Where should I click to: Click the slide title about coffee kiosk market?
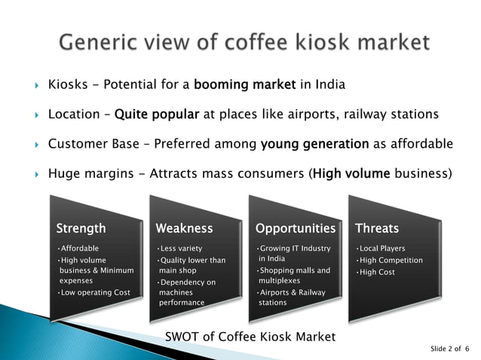(x=244, y=41)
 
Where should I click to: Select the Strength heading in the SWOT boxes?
(x=81, y=227)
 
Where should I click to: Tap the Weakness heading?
(x=184, y=227)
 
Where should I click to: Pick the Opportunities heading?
(x=295, y=227)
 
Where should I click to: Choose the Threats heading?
(x=377, y=227)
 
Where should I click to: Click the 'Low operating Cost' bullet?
(x=96, y=292)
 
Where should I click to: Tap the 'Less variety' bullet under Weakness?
(x=180, y=249)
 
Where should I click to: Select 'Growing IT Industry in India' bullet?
(x=294, y=254)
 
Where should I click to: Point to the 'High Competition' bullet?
(x=391, y=261)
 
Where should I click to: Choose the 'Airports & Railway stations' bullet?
(x=291, y=297)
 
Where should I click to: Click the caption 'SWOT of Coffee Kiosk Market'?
(x=250, y=336)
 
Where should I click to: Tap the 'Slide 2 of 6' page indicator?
(x=449, y=349)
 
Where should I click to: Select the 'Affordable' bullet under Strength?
(x=79, y=249)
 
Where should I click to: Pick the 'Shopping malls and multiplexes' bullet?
(x=293, y=276)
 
